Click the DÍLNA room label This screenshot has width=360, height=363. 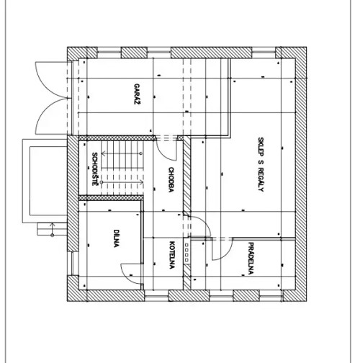click(x=115, y=238)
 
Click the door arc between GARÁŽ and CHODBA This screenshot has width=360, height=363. click(x=167, y=149)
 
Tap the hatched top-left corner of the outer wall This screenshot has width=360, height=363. click(x=73, y=53)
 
